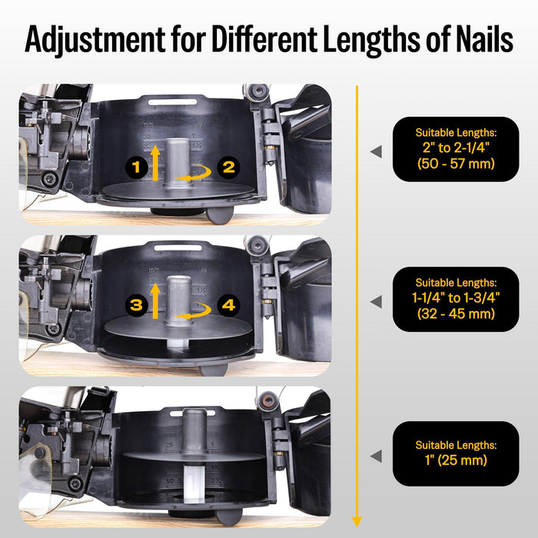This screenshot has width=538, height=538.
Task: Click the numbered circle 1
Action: [136, 166]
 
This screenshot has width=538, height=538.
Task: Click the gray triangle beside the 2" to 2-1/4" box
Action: [376, 152]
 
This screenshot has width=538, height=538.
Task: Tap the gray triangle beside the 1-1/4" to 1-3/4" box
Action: [376, 301]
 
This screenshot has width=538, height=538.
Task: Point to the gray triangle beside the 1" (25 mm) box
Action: [376, 457]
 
